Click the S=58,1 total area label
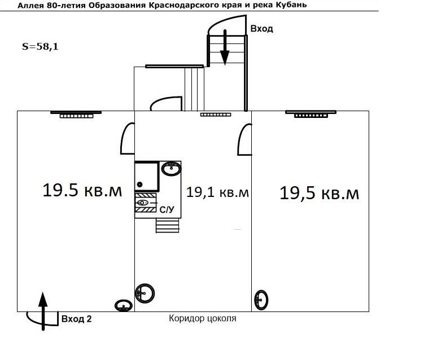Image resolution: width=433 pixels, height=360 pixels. (x=40, y=47)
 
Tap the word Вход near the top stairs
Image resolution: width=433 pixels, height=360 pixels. (x=261, y=29)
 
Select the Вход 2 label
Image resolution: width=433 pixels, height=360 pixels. (x=76, y=319)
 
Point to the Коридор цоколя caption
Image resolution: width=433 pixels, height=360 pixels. (x=202, y=319)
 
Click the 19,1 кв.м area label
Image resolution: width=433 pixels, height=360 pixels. (x=217, y=193)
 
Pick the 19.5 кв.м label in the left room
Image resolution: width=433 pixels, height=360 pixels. (x=82, y=191)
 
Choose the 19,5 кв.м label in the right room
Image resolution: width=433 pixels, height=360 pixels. (x=319, y=194)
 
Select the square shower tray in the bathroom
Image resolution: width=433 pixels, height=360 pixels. (x=146, y=177)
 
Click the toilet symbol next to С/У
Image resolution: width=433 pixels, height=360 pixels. (x=143, y=202)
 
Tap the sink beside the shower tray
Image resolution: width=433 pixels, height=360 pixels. (x=171, y=168)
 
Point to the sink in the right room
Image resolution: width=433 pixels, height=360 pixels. (x=261, y=299)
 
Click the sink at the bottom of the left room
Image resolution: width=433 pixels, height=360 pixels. (x=123, y=305)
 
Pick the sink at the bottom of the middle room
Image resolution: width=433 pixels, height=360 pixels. (x=145, y=293)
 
